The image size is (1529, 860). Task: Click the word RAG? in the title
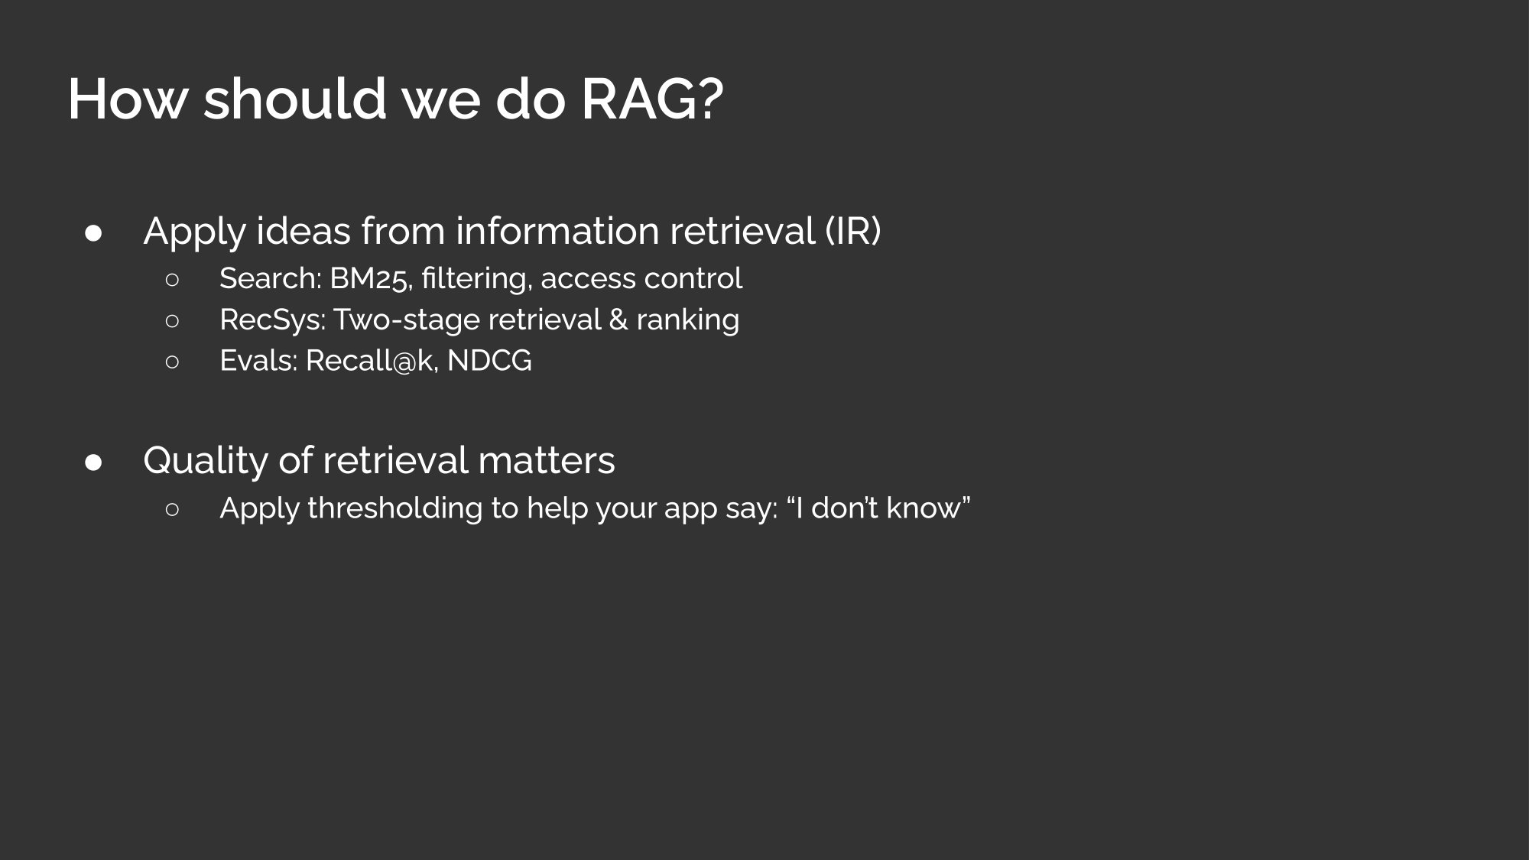point(652,99)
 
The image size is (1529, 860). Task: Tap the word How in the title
point(128,99)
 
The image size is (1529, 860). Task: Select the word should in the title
point(295,99)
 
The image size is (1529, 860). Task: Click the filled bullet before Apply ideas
point(94,233)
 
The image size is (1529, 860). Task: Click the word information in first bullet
point(557,230)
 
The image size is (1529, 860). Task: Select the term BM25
point(371,279)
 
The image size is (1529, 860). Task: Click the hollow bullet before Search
point(172,280)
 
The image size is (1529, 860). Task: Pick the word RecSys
point(272,320)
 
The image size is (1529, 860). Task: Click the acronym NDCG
point(489,361)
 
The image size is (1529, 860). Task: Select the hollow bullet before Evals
point(172,362)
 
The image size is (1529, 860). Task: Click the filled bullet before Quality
point(94,462)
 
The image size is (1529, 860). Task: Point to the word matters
point(547,460)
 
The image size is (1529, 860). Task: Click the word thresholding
point(394,508)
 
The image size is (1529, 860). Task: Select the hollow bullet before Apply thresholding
point(172,509)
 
